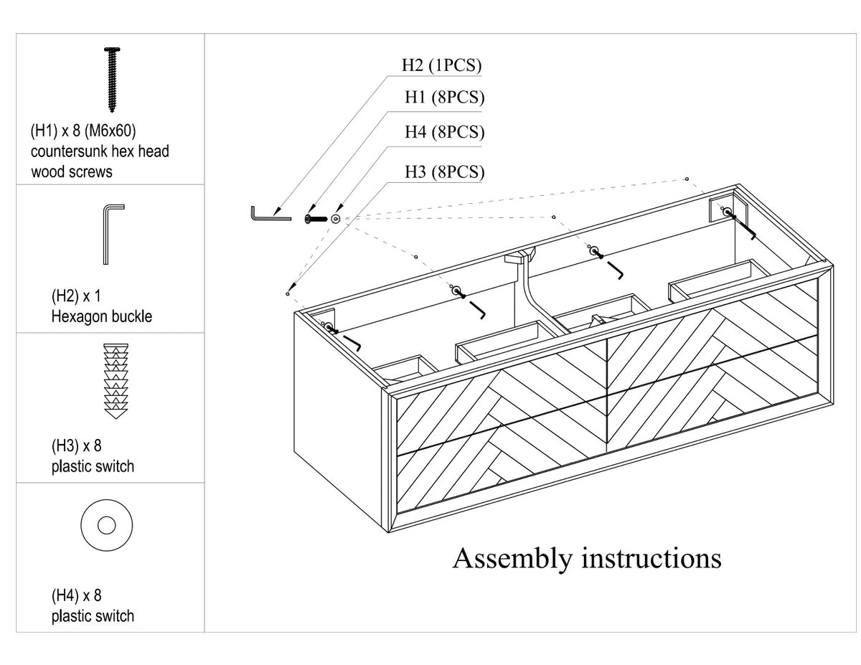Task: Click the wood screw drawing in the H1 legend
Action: pyautogui.click(x=112, y=79)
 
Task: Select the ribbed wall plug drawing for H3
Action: pyautogui.click(x=116, y=381)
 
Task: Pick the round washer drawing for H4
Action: pyautogui.click(x=107, y=525)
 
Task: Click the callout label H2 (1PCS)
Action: pyautogui.click(x=441, y=65)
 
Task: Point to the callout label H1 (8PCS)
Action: pyautogui.click(x=444, y=98)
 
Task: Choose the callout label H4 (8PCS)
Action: pyautogui.click(x=444, y=132)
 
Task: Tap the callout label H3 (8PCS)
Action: pyautogui.click(x=444, y=172)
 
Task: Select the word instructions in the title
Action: pyautogui.click(x=651, y=559)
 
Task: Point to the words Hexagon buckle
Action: pyautogui.click(x=102, y=316)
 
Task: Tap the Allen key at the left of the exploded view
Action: pyautogui.click(x=270, y=214)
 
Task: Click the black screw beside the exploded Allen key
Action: pyautogui.click(x=316, y=219)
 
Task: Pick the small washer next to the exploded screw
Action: pyautogui.click(x=336, y=219)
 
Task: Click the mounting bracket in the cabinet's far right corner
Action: pyautogui.click(x=728, y=210)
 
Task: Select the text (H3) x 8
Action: pyautogui.click(x=77, y=446)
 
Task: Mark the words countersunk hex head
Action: pyautogui.click(x=100, y=151)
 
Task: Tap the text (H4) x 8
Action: pyautogui.click(x=77, y=595)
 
